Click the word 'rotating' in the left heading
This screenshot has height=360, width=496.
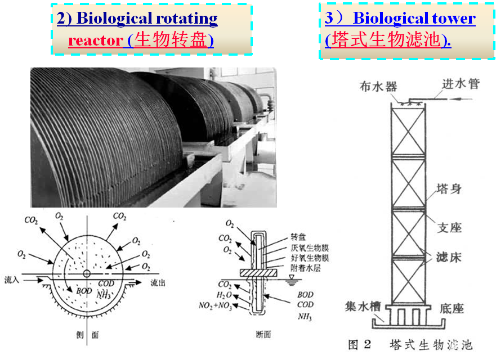coord(184,18)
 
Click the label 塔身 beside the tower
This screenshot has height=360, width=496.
coord(448,188)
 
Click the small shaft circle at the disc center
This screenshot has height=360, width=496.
coord(87,273)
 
